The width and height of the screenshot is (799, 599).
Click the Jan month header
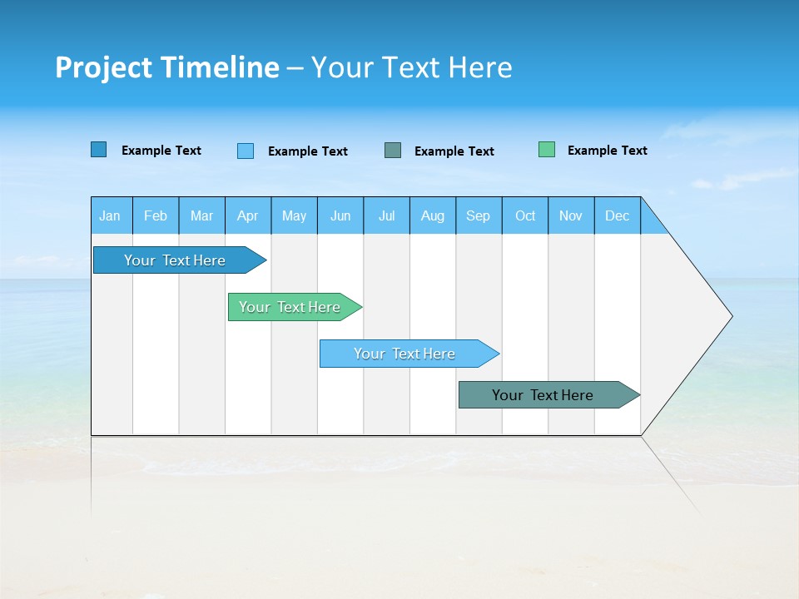click(x=110, y=215)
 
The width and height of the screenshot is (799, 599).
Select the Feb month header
click(x=156, y=215)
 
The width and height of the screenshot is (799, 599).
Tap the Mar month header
click(x=201, y=215)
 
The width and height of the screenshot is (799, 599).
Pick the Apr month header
click(x=248, y=215)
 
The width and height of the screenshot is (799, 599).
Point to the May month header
click(x=294, y=215)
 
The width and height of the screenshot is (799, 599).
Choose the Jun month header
click(x=340, y=215)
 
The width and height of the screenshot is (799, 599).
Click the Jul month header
click(x=386, y=215)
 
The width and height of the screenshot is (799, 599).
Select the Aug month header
click(x=433, y=215)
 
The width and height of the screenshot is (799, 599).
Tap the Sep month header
click(x=479, y=215)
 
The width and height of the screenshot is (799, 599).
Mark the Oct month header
click(x=525, y=215)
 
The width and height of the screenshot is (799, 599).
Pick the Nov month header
click(x=571, y=215)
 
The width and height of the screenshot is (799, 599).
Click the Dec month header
click(x=618, y=215)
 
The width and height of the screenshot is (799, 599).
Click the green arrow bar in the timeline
click(x=291, y=307)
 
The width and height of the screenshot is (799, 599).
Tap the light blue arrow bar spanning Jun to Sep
click(x=406, y=354)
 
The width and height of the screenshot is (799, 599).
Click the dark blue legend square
click(x=99, y=150)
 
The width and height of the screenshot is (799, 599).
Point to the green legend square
click(x=547, y=150)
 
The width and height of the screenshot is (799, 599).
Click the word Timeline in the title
click(x=219, y=67)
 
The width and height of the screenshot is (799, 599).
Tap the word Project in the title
click(x=103, y=67)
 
